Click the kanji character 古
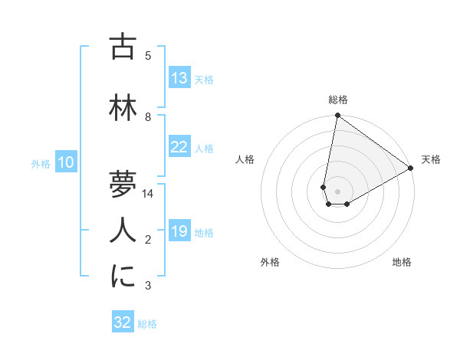pyautogui.click(x=123, y=47)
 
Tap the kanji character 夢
pyautogui.click(x=123, y=185)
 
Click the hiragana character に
pyautogui.click(x=123, y=277)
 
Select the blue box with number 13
pyautogui.click(x=179, y=78)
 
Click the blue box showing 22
pyautogui.click(x=179, y=147)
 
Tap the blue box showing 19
pyautogui.click(x=179, y=231)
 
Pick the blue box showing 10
pyautogui.click(x=66, y=162)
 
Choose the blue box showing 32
pyautogui.click(x=123, y=322)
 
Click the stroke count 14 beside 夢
pyautogui.click(x=148, y=194)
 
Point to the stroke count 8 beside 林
pyautogui.click(x=148, y=117)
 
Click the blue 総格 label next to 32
pyautogui.click(x=147, y=324)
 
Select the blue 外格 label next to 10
pyautogui.click(x=41, y=164)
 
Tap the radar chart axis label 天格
pyautogui.click(x=431, y=159)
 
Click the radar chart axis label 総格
pyautogui.click(x=338, y=100)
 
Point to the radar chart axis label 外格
pyautogui.click(x=270, y=262)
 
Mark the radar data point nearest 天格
pyautogui.click(x=411, y=169)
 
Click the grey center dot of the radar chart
pyautogui.click(x=338, y=191)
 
